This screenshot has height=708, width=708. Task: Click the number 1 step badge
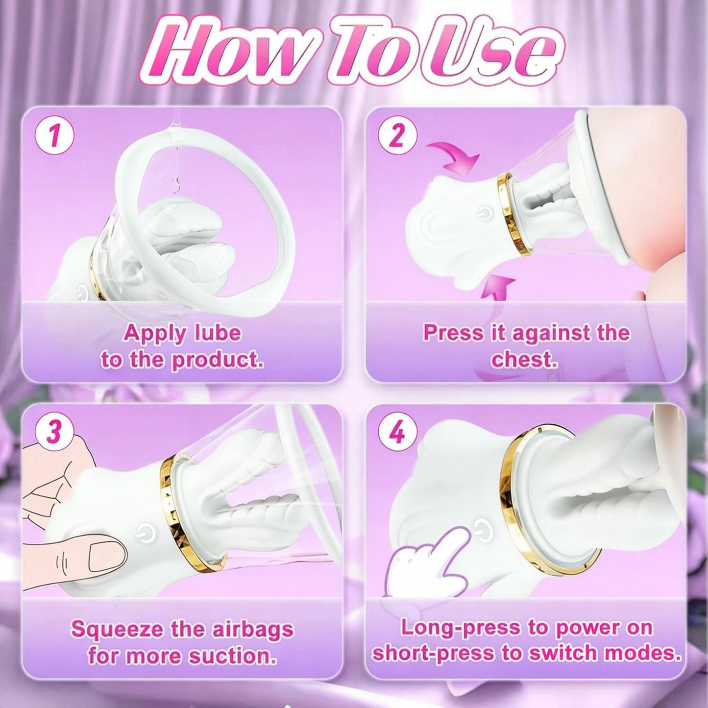[x=54, y=135]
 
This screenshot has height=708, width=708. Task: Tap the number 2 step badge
[x=397, y=135]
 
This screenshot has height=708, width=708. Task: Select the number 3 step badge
[x=54, y=431]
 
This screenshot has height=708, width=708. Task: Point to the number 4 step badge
[x=397, y=431]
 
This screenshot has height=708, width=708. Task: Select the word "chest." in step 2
[x=524, y=360]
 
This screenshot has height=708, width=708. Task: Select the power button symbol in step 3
[x=146, y=533]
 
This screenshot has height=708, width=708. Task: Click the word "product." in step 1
[x=218, y=360]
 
